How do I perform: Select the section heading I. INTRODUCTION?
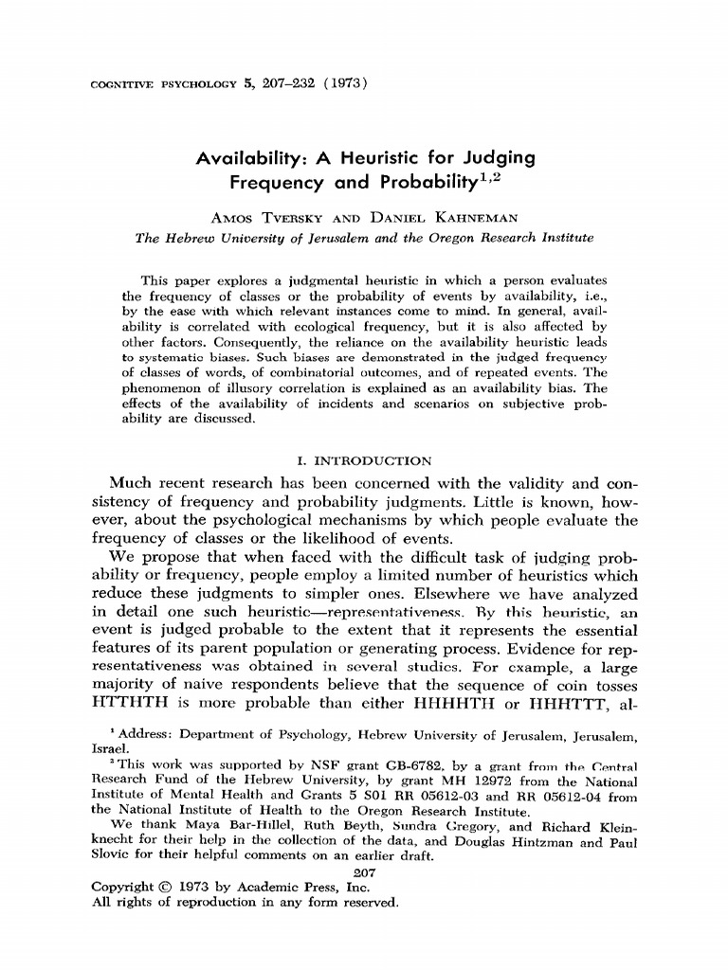[365, 461]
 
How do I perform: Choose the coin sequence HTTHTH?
[123, 703]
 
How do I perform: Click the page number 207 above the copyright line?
[364, 871]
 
